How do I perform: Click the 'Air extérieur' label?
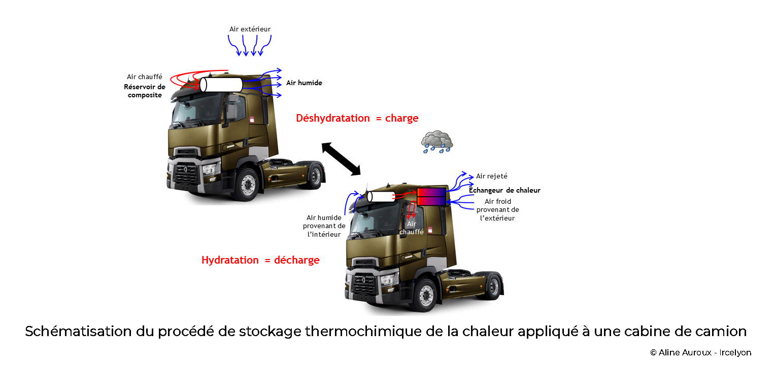pos(250,29)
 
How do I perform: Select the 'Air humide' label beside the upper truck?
pos(304,83)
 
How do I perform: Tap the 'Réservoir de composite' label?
pos(145,91)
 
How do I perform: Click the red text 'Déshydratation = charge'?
pos(357,118)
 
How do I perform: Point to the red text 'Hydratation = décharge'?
pos(260,260)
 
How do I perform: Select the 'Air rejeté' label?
pos(491,176)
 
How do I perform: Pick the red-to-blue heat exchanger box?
pos(431,197)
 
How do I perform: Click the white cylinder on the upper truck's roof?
pos(221,84)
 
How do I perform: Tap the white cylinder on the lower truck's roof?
pos(381,196)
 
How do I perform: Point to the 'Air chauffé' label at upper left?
pos(144,77)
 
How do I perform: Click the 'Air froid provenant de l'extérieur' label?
pos(497,209)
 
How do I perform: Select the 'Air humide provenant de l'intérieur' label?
pos(324,226)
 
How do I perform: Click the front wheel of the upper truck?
pos(248,182)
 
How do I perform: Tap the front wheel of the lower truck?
pos(425,294)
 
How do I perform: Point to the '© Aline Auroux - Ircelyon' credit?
pos(700,352)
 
